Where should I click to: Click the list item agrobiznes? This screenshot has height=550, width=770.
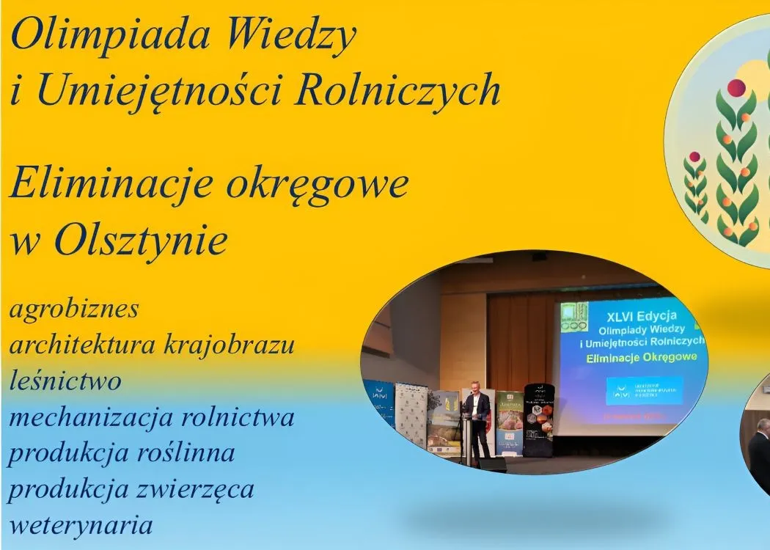pos(74,309)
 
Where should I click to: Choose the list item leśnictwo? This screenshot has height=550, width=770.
pos(65,381)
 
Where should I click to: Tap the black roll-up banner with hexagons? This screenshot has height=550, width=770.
pos(538,419)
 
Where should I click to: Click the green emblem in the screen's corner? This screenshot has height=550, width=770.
pos(574,316)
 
